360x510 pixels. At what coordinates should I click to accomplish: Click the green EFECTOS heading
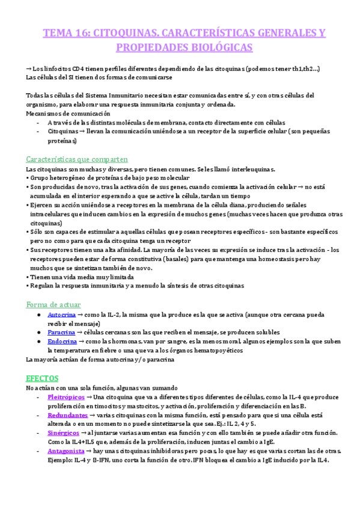point(42,378)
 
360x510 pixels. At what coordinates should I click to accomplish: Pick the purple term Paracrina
point(61,332)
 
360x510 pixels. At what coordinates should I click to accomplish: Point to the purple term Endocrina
point(62,341)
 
